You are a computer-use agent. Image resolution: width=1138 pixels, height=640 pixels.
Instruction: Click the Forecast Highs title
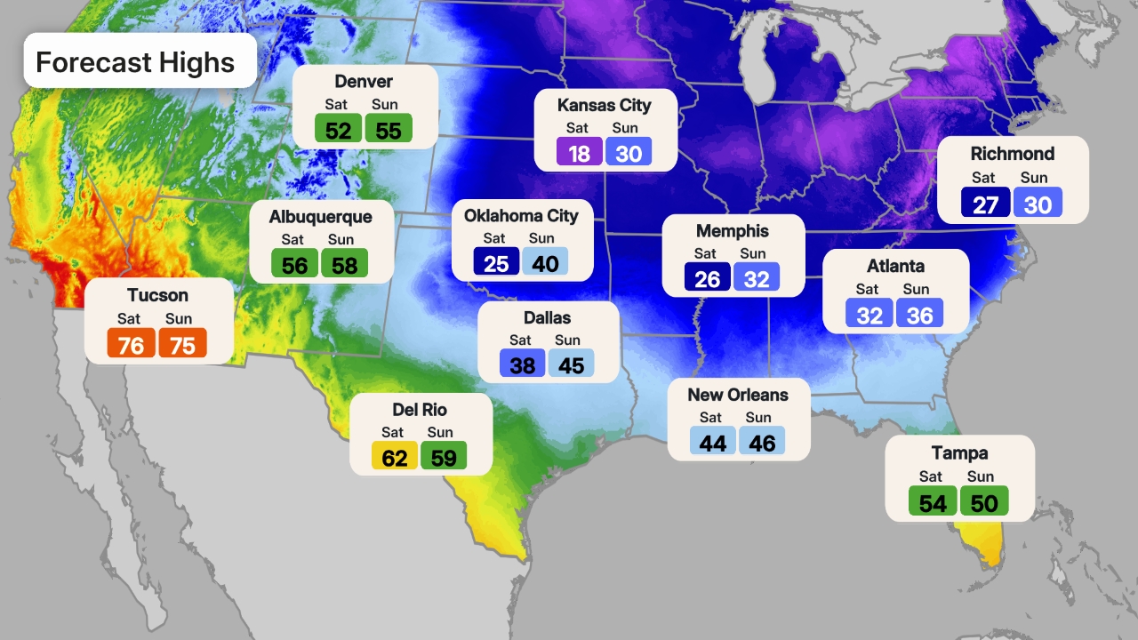point(135,62)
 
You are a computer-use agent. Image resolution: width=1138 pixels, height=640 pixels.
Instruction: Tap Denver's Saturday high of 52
point(338,130)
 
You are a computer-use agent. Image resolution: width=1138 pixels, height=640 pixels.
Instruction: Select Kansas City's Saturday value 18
point(579,153)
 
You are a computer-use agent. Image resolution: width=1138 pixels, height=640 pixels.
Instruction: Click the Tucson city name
point(157,295)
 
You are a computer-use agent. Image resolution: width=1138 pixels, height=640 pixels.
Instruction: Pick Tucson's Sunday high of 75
point(182,344)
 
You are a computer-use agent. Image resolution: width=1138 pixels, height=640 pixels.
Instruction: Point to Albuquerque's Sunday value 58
point(344,264)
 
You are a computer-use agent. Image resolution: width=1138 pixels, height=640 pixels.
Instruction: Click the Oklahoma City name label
point(521,215)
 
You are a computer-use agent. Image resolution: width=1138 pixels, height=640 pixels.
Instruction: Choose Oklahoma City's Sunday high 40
point(545,262)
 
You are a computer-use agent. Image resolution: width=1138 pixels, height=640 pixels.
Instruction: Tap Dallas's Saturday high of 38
point(522,364)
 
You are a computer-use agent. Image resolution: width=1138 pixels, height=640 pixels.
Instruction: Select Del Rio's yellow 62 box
point(394,457)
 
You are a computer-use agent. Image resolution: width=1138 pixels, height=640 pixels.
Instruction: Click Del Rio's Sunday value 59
point(444,457)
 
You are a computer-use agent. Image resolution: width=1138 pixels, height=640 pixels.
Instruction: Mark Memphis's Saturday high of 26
point(707,278)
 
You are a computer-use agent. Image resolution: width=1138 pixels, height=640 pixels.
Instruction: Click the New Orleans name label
point(738,395)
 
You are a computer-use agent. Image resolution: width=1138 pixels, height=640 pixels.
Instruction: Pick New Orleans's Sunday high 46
point(762,442)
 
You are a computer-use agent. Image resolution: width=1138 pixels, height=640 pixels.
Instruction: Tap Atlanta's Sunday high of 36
point(919,314)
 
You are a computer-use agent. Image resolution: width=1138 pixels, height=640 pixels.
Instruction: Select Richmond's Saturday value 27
point(985,204)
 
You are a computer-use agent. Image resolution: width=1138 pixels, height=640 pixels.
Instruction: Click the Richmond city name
point(1013,154)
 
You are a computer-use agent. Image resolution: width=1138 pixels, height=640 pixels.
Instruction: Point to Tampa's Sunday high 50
point(984,502)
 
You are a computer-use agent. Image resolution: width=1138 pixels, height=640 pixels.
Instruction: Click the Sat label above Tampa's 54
point(931,477)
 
